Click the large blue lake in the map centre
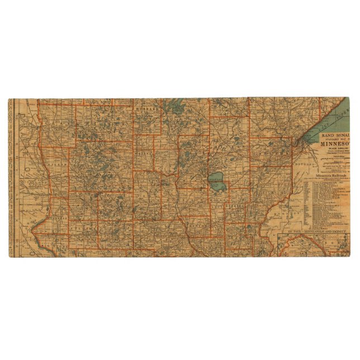217,181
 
